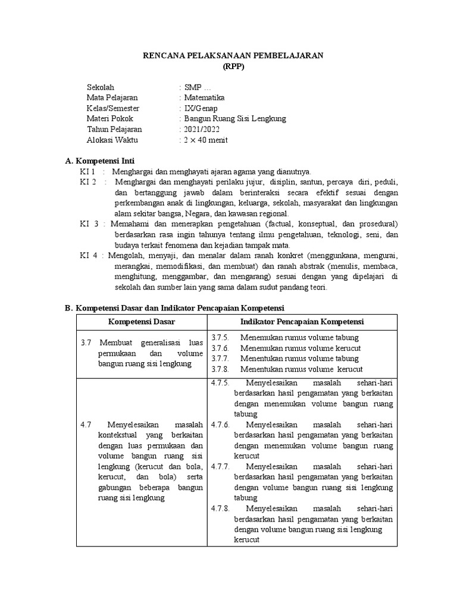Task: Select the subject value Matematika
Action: (x=205, y=98)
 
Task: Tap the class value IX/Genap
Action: (x=201, y=108)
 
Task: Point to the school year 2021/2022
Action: (x=201, y=129)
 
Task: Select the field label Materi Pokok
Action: (x=110, y=118)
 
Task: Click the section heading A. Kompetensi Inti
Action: (x=99, y=161)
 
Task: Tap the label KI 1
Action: (x=87, y=171)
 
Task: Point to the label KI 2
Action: (x=88, y=181)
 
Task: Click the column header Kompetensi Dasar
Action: (x=141, y=322)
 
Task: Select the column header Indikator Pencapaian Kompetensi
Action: (x=302, y=322)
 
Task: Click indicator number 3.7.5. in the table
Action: (x=220, y=337)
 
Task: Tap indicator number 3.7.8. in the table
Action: (x=220, y=369)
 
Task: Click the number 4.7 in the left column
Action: (x=85, y=425)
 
